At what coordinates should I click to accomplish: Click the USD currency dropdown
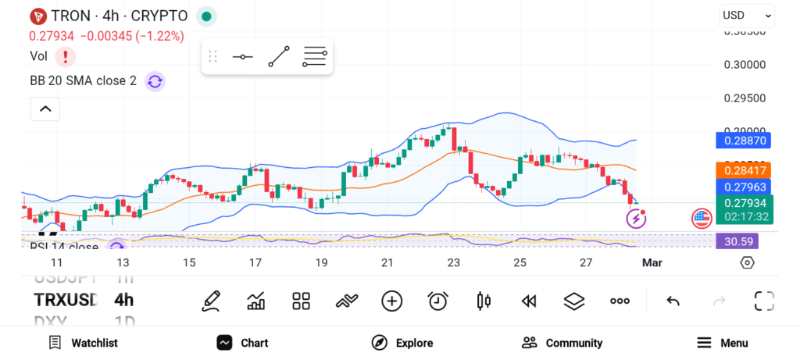[x=746, y=15]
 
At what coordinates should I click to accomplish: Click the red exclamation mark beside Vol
[x=66, y=56]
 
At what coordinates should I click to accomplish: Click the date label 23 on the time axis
[x=453, y=262]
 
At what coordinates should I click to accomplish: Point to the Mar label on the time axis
[x=652, y=262]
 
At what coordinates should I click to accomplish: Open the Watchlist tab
[x=83, y=343]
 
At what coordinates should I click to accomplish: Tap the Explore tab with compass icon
[x=402, y=343]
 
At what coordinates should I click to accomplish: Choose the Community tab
[x=562, y=343]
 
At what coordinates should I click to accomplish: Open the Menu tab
[x=723, y=343]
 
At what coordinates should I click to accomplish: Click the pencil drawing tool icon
[x=210, y=301]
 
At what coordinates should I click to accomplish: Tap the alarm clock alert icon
[x=437, y=301]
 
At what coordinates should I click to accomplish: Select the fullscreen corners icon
[x=763, y=301]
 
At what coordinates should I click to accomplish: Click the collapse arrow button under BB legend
[x=45, y=109]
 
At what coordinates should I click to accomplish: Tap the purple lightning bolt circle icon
[x=636, y=219]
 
